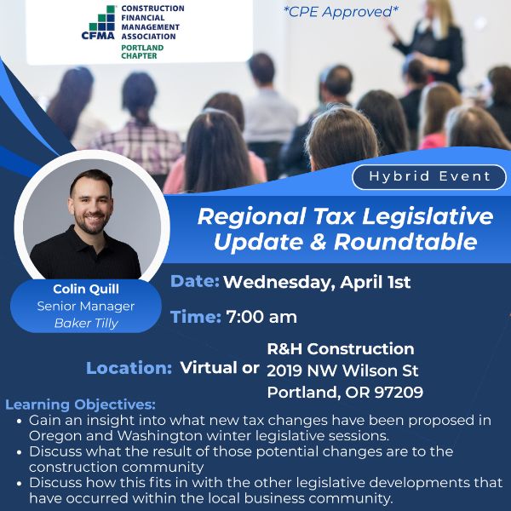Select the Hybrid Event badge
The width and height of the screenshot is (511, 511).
pyautogui.click(x=429, y=176)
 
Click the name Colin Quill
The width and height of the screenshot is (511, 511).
pyautogui.click(x=85, y=289)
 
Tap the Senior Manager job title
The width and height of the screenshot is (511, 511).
pyautogui.click(x=85, y=306)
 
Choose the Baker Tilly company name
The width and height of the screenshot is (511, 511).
pyautogui.click(x=85, y=323)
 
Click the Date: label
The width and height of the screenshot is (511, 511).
pyautogui.click(x=195, y=282)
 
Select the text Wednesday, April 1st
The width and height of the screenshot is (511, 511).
pyautogui.click(x=317, y=283)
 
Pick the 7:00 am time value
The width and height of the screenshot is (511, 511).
pyautogui.click(x=261, y=317)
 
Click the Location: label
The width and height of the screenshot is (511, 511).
pyautogui.click(x=129, y=368)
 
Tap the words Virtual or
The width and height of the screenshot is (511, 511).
pyautogui.click(x=220, y=368)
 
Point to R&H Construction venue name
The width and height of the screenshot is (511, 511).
pyautogui.click(x=341, y=349)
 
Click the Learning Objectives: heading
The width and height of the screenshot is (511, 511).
pyautogui.click(x=81, y=404)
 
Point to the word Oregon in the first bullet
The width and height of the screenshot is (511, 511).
pyautogui.click(x=53, y=434)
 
